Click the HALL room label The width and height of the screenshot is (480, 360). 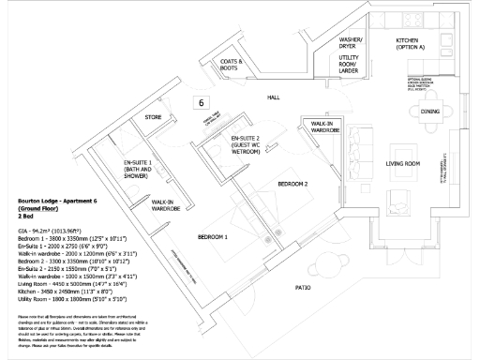274,97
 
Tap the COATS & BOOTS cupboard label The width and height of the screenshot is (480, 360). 231,66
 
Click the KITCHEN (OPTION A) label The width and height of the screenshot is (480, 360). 411,43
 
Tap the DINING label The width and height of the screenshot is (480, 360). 430,111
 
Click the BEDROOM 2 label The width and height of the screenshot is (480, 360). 292,184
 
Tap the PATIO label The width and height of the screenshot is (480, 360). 303,287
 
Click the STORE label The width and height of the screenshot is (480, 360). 153,118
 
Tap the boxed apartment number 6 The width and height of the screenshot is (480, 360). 200,101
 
